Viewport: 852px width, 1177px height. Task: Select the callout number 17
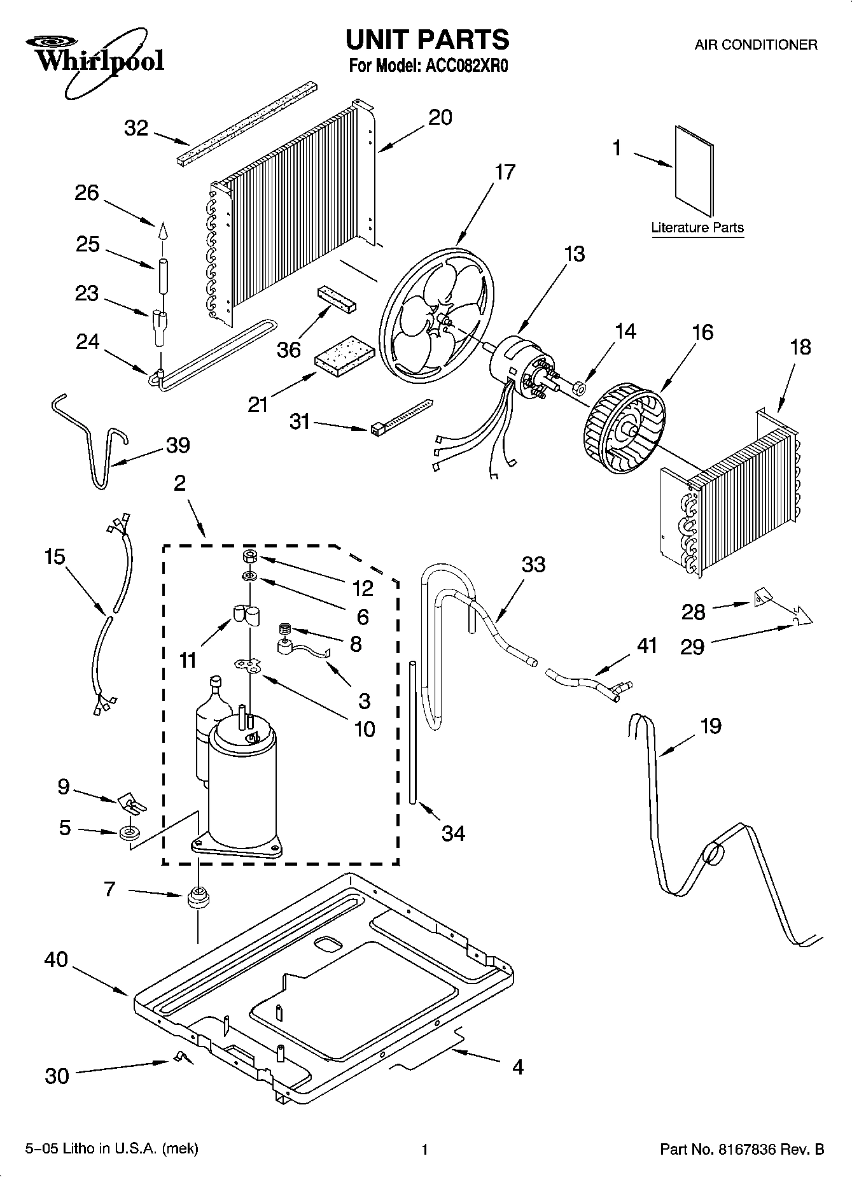(505, 173)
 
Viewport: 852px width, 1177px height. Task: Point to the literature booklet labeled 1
(694, 171)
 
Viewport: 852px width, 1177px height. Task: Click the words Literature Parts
(697, 227)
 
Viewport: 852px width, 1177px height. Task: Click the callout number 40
(56, 959)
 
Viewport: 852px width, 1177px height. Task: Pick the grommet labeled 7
(198, 898)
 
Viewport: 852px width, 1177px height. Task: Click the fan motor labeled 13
(517, 368)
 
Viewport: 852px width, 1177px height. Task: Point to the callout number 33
(533, 565)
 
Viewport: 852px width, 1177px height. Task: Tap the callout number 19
(710, 726)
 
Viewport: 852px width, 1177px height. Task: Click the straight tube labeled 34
(413, 732)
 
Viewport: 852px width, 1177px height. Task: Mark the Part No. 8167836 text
(742, 1149)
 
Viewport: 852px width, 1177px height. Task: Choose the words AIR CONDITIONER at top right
(755, 45)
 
